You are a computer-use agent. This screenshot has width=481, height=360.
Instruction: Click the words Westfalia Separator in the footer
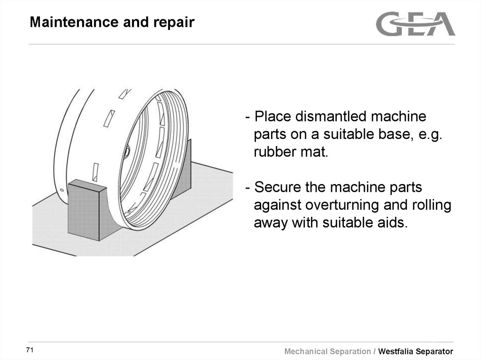coord(416,352)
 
